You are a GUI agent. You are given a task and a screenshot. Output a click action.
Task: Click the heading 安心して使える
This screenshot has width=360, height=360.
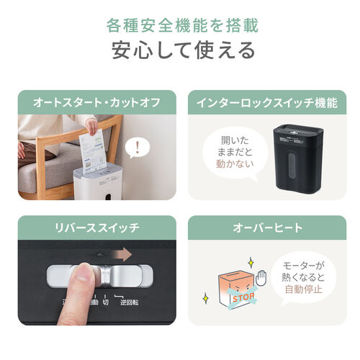tap(179, 50)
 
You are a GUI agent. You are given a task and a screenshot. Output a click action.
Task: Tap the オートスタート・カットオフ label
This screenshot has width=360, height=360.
tap(96, 102)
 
